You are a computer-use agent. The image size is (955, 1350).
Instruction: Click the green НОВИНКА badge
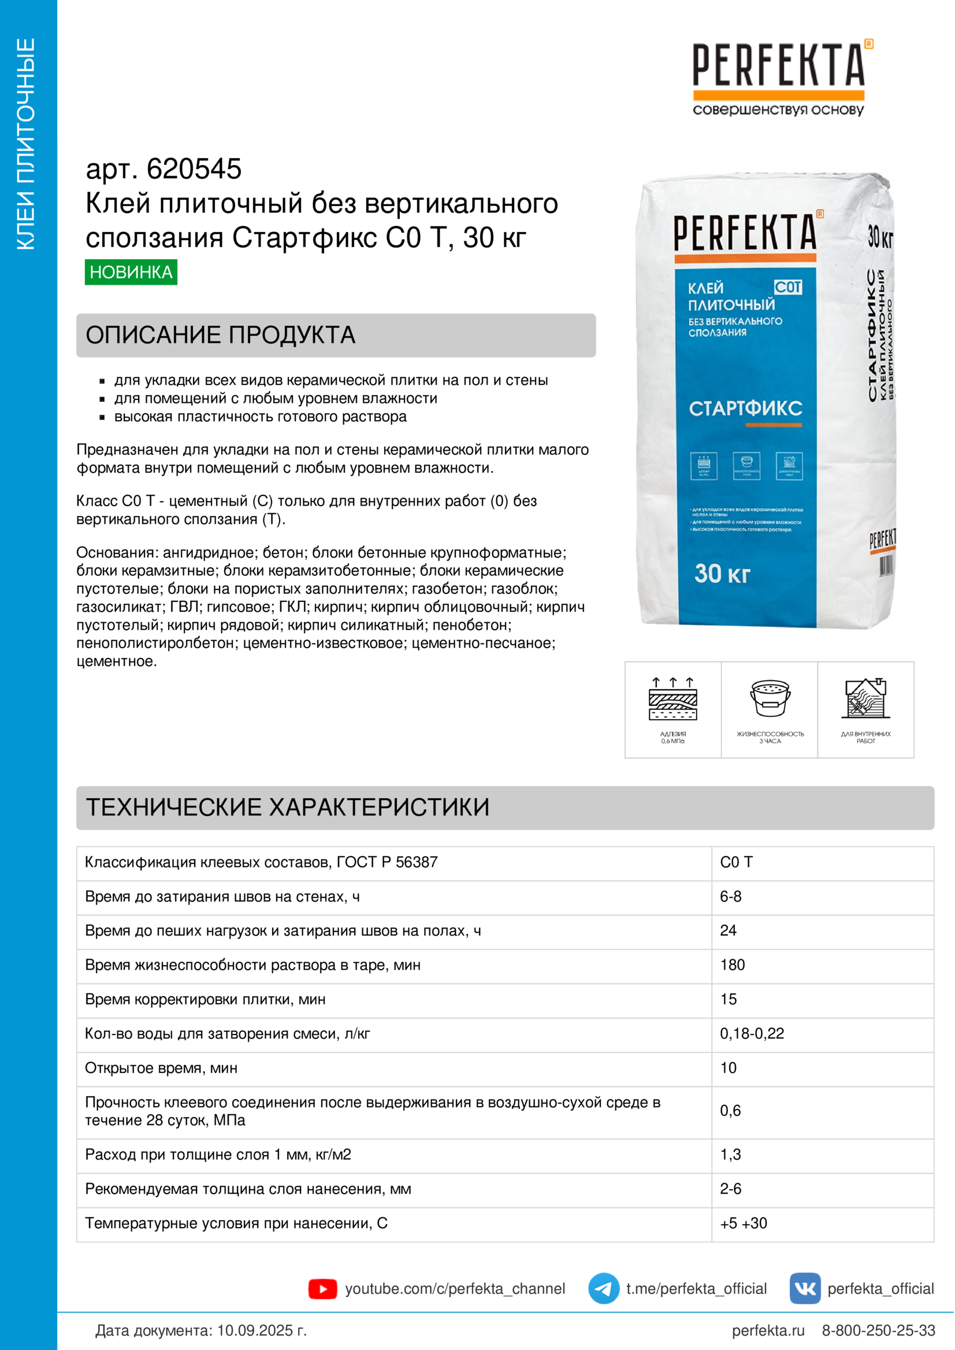coord(131,272)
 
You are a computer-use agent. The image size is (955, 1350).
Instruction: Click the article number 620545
coord(194,169)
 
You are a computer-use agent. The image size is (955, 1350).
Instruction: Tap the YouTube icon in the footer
coord(322,1288)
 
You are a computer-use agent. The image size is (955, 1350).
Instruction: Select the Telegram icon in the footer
coord(603,1288)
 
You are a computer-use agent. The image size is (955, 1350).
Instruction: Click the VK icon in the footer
coord(804,1288)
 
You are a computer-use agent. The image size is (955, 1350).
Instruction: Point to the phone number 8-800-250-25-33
coord(878,1330)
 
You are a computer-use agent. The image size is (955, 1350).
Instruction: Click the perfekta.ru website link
coord(767,1330)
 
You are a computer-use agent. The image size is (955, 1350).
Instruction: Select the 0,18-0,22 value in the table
coord(752,1033)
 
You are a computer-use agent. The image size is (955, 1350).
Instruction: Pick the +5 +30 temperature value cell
coord(743,1223)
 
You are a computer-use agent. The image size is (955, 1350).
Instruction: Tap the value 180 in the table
coord(732,964)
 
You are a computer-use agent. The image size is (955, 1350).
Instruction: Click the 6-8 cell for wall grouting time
coord(730,896)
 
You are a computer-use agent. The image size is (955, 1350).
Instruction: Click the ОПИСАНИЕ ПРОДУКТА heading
coord(220,335)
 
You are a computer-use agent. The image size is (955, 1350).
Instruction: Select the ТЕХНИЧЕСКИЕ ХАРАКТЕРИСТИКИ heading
coord(287,807)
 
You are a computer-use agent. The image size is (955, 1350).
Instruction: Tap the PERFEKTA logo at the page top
coord(778,66)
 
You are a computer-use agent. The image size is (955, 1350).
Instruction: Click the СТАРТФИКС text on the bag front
coord(745,408)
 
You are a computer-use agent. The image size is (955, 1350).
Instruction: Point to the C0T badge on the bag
coord(787,287)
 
